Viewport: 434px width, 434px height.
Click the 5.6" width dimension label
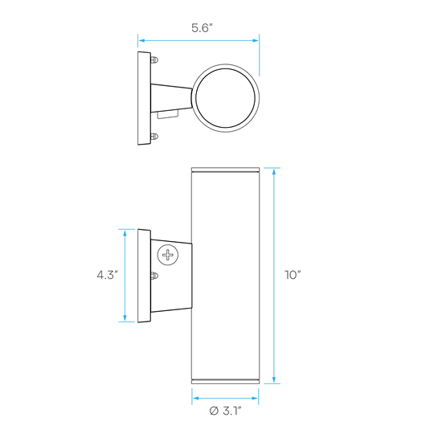point(202,28)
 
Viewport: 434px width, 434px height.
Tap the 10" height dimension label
point(293,275)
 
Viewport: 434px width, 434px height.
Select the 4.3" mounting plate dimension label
point(108,275)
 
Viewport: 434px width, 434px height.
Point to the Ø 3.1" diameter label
point(226,411)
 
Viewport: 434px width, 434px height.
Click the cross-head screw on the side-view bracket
point(168,255)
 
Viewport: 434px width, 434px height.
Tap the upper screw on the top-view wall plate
point(154,59)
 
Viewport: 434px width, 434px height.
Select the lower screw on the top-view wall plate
point(154,136)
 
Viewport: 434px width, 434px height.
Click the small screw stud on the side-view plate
point(154,276)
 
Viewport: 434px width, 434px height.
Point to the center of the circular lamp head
point(225,98)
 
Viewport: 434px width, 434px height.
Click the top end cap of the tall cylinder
point(225,170)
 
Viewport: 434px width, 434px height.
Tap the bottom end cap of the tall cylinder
point(225,382)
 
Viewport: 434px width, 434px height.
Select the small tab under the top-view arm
point(167,114)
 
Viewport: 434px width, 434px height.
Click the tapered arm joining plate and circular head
point(171,98)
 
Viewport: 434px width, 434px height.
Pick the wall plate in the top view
point(144,98)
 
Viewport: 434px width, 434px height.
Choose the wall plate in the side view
point(144,276)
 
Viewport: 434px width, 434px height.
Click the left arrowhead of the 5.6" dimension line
point(141,41)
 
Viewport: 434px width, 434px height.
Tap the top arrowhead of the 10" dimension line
point(274,172)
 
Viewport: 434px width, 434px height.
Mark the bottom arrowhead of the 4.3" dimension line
point(125,318)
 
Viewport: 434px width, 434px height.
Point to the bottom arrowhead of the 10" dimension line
point(274,379)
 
